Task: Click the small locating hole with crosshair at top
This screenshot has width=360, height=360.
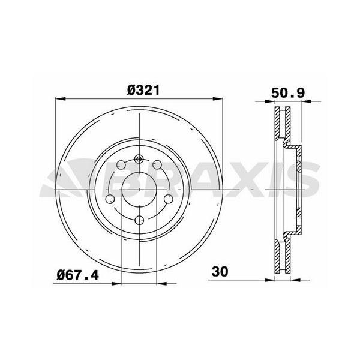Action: pyautogui.click(x=139, y=159)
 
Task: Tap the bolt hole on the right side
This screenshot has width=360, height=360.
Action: pyautogui.click(x=169, y=199)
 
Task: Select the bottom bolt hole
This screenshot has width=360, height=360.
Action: pyautogui.click(x=139, y=220)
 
